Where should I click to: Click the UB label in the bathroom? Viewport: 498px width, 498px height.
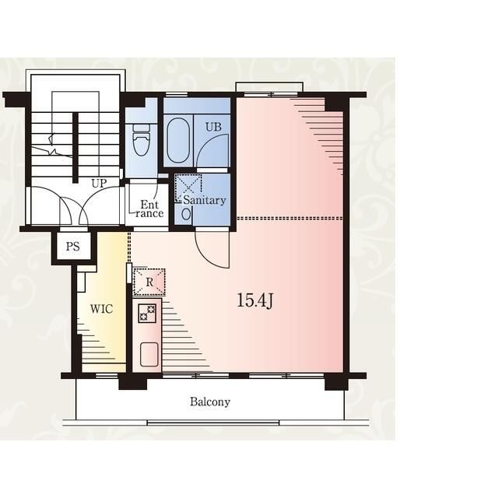pyautogui.click(x=213, y=127)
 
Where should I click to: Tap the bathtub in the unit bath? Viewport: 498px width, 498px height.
pyautogui.click(x=178, y=141)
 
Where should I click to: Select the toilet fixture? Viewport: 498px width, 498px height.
pyautogui.click(x=142, y=140)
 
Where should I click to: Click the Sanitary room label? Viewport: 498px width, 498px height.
pyautogui.click(x=205, y=200)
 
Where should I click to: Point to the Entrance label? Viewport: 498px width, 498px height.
pyautogui.click(x=149, y=209)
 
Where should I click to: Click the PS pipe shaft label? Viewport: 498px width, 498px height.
pyautogui.click(x=72, y=247)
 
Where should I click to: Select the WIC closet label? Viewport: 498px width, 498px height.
pyautogui.click(x=101, y=309)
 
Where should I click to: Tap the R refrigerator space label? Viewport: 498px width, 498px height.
pyautogui.click(x=149, y=282)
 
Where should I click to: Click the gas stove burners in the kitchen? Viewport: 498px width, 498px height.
pyautogui.click(x=147, y=313)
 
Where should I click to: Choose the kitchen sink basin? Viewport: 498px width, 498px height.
pyautogui.click(x=149, y=354)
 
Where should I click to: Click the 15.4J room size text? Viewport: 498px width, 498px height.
pyautogui.click(x=255, y=300)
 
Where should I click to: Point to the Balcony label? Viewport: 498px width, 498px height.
pyautogui.click(x=210, y=402)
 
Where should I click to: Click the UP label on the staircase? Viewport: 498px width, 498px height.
pyautogui.click(x=99, y=184)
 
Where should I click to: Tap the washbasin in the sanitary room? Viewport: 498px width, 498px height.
pyautogui.click(x=187, y=214)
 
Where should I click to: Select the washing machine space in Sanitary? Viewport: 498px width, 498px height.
pyautogui.click(x=188, y=188)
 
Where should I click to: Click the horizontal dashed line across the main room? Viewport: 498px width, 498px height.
pyautogui.click(x=289, y=219)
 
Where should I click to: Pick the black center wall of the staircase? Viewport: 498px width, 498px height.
pyautogui.click(x=75, y=148)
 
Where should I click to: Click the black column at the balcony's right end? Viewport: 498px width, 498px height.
pyautogui.click(x=336, y=382)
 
